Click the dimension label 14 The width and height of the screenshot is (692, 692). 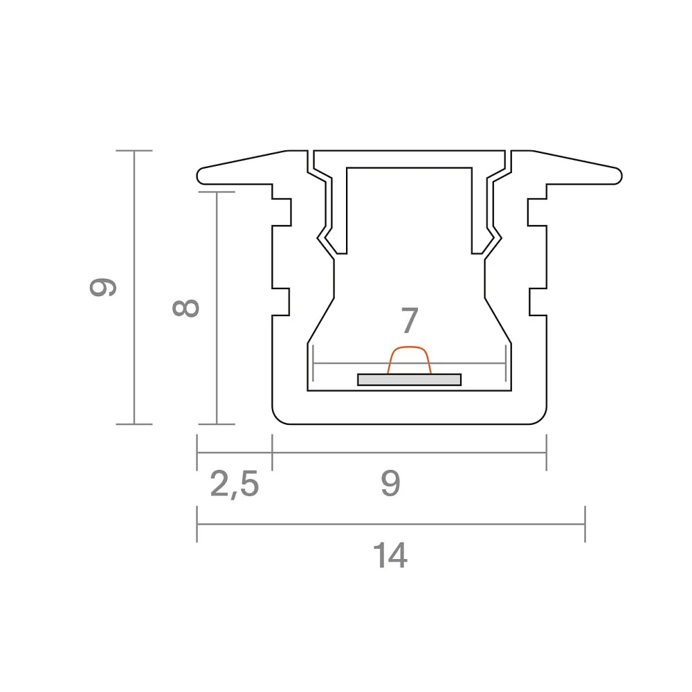point(390,556)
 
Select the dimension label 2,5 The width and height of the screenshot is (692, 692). point(235,484)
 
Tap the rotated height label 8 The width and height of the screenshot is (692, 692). point(185,308)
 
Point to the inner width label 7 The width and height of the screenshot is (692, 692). point(410,320)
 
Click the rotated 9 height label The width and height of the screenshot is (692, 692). point(103,287)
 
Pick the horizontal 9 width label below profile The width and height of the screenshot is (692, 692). point(390,483)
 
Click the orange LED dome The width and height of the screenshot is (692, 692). point(409,360)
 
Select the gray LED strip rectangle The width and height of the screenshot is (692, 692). point(409,379)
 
